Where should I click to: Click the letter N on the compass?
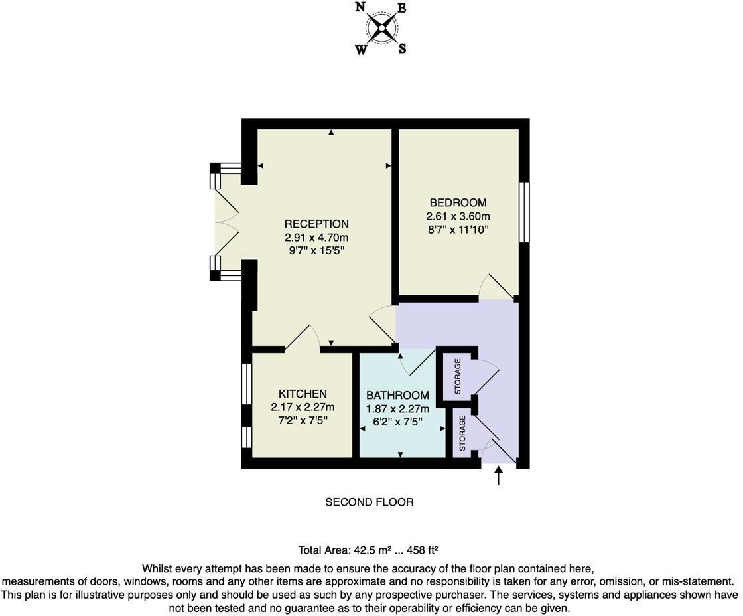point(360,7)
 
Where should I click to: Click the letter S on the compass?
point(402,48)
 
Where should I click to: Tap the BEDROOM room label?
point(458,203)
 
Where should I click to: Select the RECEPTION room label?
point(316,224)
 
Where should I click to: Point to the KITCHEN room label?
point(303,394)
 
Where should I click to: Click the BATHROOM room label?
point(397,395)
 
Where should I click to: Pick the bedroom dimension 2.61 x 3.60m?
point(458,216)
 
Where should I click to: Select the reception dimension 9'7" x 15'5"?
point(316,250)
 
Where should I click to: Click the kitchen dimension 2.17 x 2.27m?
point(303,407)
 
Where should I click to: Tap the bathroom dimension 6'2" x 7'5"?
point(397,422)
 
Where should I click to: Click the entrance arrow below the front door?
point(499,475)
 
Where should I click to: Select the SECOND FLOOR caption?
point(370,502)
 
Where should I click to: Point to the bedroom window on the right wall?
point(524,212)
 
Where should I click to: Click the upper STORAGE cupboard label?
point(458,376)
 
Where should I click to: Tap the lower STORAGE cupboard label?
point(462,433)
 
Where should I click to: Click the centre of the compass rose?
point(381,28)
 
